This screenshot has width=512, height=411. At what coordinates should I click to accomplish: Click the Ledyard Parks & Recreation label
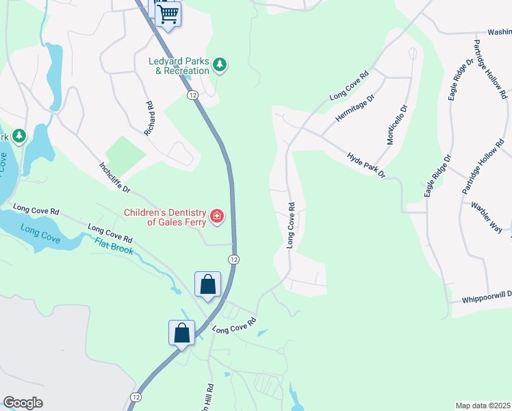pos(179,66)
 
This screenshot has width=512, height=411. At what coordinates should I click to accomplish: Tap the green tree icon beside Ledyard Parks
pos(220,65)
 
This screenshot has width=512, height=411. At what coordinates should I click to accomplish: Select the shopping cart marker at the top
pos(168,14)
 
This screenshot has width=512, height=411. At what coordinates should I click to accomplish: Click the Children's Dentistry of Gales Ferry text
pos(166,217)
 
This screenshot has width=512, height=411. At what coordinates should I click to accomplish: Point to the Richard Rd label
pos(150,118)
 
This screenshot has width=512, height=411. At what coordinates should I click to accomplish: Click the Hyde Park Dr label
pos(367,165)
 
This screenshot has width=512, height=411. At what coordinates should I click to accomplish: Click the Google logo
pos(23,403)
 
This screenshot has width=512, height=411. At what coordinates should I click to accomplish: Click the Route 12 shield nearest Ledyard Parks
pos(194,95)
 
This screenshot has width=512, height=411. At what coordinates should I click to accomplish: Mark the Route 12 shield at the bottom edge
pos(136,397)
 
